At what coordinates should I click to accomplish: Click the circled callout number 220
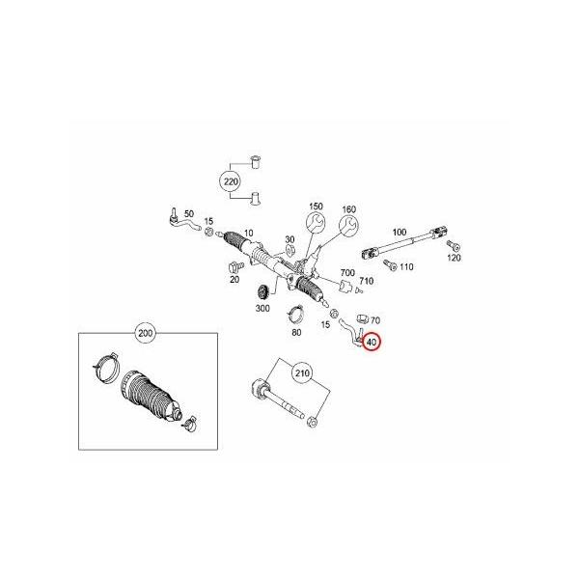click(230, 180)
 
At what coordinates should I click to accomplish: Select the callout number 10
click(248, 233)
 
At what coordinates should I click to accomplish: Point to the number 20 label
click(234, 280)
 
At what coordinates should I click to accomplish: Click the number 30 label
click(289, 241)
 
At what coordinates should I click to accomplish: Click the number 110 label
click(406, 266)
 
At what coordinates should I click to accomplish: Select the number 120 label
click(455, 259)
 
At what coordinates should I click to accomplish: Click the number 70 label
click(375, 319)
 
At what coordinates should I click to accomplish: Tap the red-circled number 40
click(372, 341)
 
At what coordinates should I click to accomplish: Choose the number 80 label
click(296, 333)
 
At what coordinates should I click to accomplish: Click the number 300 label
click(262, 308)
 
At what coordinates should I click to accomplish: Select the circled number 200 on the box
click(146, 335)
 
